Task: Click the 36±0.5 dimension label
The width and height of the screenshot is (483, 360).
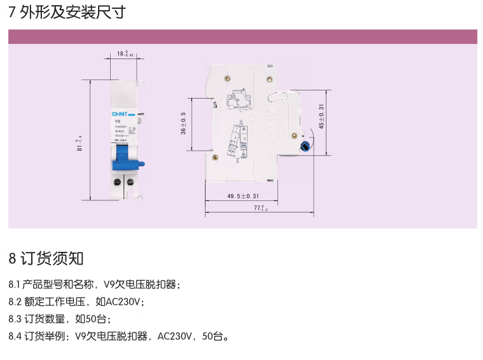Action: [x=183, y=123]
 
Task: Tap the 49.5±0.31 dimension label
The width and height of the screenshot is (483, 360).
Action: [x=242, y=197]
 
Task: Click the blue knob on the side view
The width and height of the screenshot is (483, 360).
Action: [x=306, y=145]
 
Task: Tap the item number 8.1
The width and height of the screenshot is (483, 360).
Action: [x=15, y=284]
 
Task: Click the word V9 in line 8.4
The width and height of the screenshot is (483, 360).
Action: [x=81, y=336]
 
